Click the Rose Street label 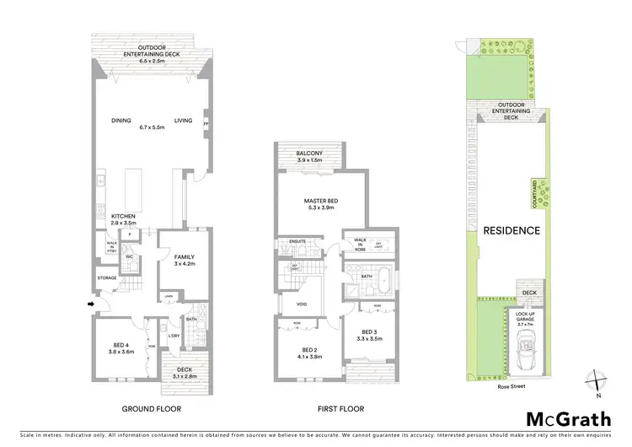[511, 380]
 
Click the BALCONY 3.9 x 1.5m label [309, 157]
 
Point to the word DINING [121, 121]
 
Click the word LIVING [184, 121]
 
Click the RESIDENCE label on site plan [511, 229]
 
